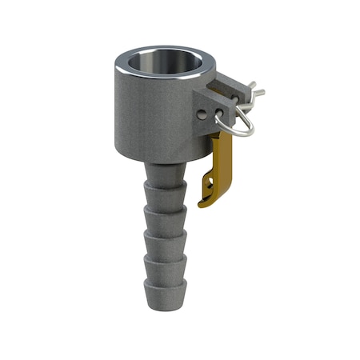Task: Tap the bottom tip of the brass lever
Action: tap(206, 197)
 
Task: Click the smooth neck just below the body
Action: tap(166, 170)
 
